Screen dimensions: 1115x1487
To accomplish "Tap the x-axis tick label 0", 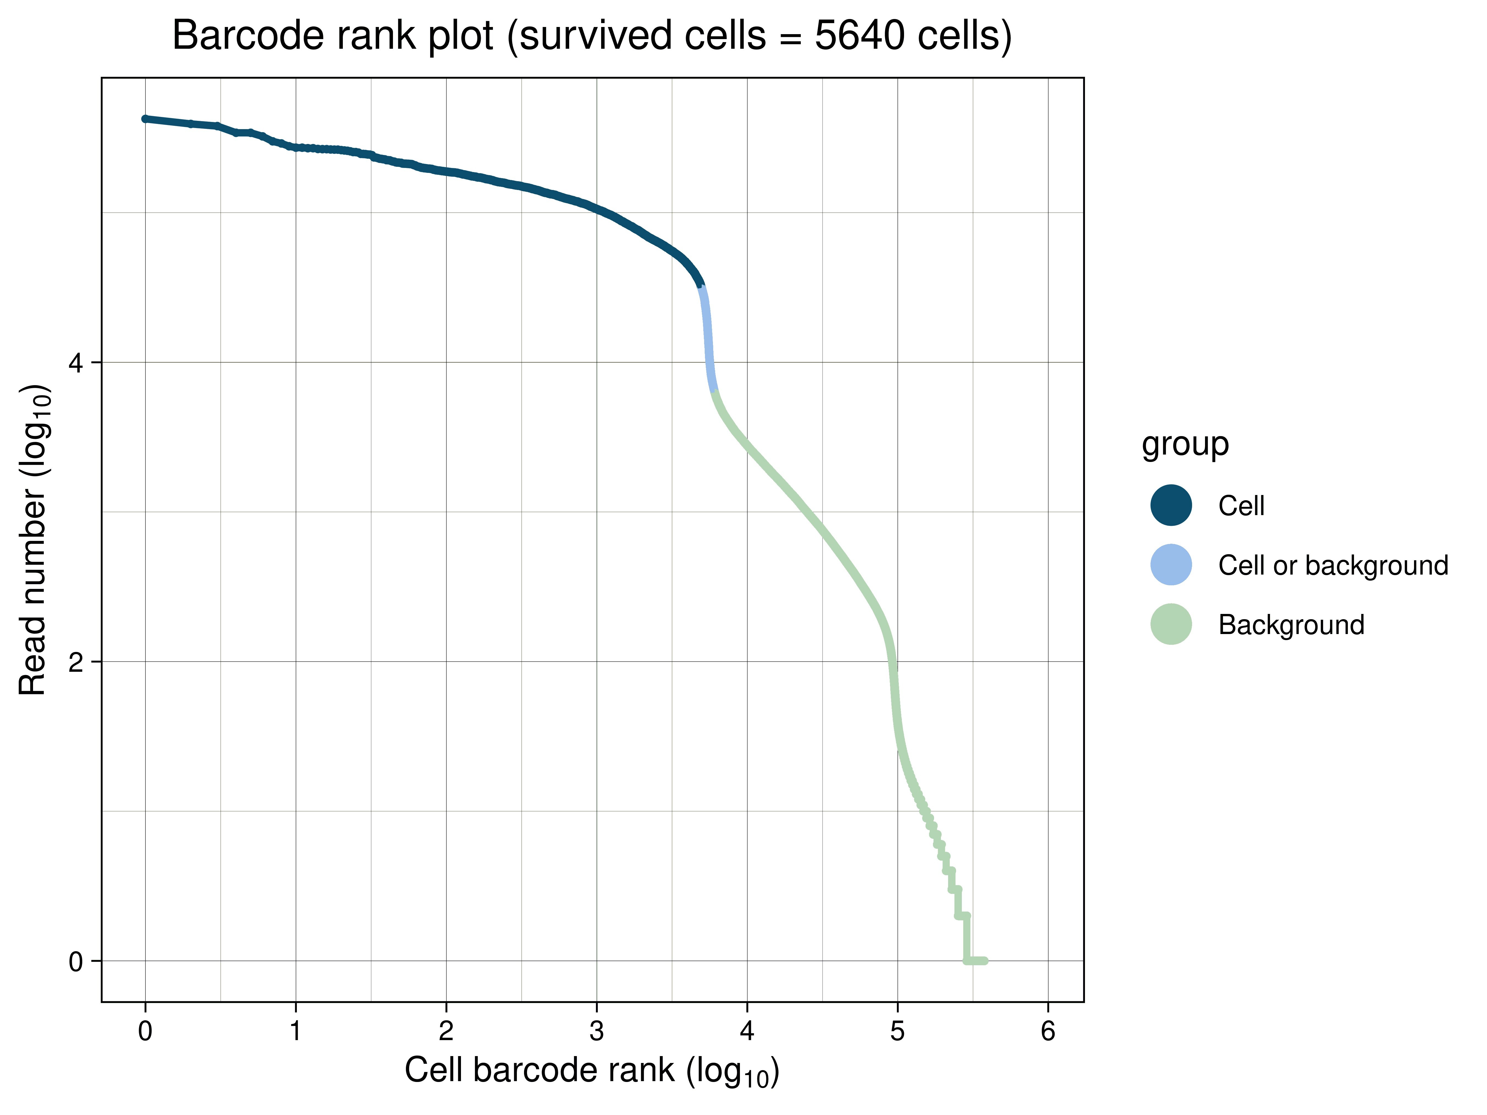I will tap(145, 1030).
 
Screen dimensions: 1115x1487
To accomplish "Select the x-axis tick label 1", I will tap(296, 1030).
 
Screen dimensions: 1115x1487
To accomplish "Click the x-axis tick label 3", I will tap(596, 1030).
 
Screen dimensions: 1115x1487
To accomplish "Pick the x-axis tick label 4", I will tap(747, 1030).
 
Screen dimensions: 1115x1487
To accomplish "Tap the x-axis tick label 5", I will tap(897, 1030).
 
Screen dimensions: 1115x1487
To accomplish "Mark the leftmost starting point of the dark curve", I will tap(145, 119).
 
